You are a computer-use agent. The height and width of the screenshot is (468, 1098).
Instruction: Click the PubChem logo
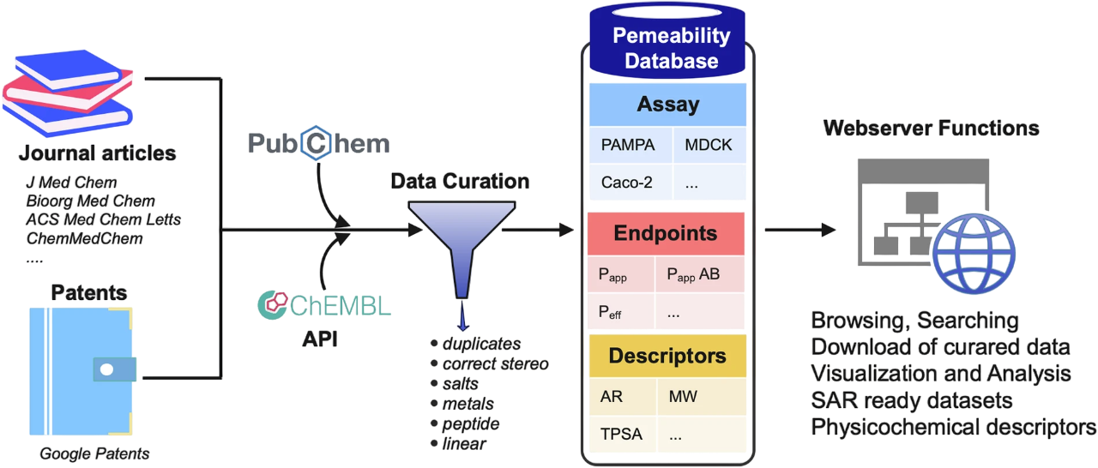click(x=318, y=143)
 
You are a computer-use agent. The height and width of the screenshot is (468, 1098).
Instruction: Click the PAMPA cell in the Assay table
click(x=627, y=145)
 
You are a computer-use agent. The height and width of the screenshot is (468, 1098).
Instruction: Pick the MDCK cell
click(x=709, y=145)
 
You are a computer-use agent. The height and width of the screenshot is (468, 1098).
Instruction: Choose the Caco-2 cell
click(x=623, y=182)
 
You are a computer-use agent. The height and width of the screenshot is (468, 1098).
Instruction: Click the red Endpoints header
click(x=665, y=233)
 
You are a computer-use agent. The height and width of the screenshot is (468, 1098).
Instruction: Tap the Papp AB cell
click(x=693, y=275)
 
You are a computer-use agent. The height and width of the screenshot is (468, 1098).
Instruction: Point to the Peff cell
click(x=610, y=313)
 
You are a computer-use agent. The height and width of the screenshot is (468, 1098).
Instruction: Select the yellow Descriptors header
click(x=667, y=356)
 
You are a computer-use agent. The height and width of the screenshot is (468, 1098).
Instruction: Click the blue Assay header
click(x=667, y=105)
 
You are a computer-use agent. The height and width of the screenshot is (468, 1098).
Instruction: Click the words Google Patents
click(x=94, y=453)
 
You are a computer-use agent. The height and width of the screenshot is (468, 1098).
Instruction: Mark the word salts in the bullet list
click(x=461, y=385)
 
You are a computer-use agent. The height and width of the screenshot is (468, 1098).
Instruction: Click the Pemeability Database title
click(x=671, y=48)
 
